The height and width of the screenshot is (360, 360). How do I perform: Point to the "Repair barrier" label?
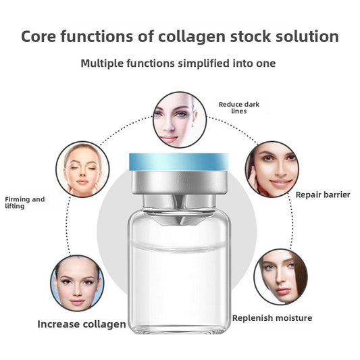pos(323,195)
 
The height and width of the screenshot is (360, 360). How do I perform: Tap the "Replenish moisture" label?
pos(272,317)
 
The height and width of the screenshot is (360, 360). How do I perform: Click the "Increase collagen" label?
pos(81,324)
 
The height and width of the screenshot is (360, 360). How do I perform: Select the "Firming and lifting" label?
pos(24,202)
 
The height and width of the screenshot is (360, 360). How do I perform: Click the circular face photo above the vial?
pos(180,120)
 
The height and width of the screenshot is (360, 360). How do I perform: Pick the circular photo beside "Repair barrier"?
pos(272,169)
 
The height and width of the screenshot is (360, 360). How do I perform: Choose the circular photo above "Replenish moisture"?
pos(280,276)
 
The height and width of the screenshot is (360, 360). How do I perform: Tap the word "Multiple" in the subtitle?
pos(105,63)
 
